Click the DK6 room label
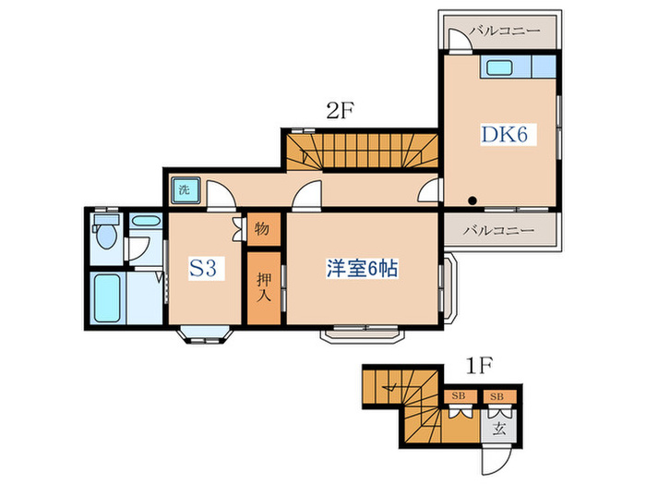click(x=505, y=134)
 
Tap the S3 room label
click(x=203, y=269)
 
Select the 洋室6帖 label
click(x=362, y=268)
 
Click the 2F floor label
click(x=341, y=110)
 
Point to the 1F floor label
click(x=479, y=365)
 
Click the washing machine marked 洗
click(x=185, y=190)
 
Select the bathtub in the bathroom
click(x=107, y=298)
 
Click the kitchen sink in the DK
click(x=499, y=67)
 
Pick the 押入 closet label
click(x=264, y=286)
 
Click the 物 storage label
click(x=262, y=228)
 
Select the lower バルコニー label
click(x=498, y=230)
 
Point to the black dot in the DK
click(x=473, y=200)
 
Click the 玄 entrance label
click(x=499, y=430)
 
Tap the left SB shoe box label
click(x=458, y=396)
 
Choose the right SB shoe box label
click(x=496, y=396)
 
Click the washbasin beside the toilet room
click(x=146, y=220)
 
